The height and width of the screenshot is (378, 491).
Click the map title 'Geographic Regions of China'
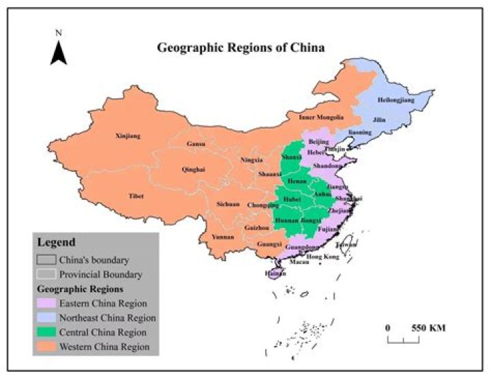point(241,48)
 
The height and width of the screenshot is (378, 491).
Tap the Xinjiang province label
point(128,136)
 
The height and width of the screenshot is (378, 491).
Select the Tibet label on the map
point(136,196)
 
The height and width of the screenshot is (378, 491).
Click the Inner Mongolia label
point(318,117)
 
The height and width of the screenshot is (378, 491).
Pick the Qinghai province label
point(193,170)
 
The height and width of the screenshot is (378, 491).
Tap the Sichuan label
point(228,203)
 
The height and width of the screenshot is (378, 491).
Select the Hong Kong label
point(323,257)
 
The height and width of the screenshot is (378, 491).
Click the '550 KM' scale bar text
point(428,328)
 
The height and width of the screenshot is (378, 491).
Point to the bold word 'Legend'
point(56,242)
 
